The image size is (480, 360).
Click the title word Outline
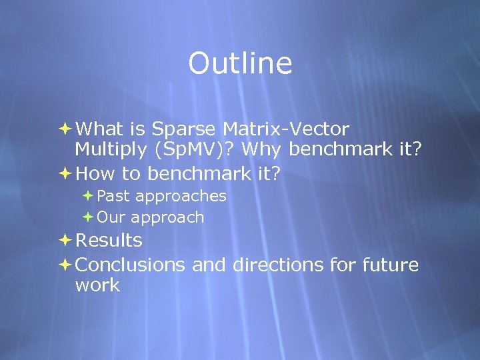[240, 63]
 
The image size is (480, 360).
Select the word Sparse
[185, 128]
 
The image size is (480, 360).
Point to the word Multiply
[107, 149]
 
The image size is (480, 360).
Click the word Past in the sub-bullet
[113, 196]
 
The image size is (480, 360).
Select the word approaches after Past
[180, 197]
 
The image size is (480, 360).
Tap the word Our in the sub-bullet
[112, 217]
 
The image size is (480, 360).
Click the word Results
[109, 240]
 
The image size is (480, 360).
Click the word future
[390, 265]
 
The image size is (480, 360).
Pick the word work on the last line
[97, 286]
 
